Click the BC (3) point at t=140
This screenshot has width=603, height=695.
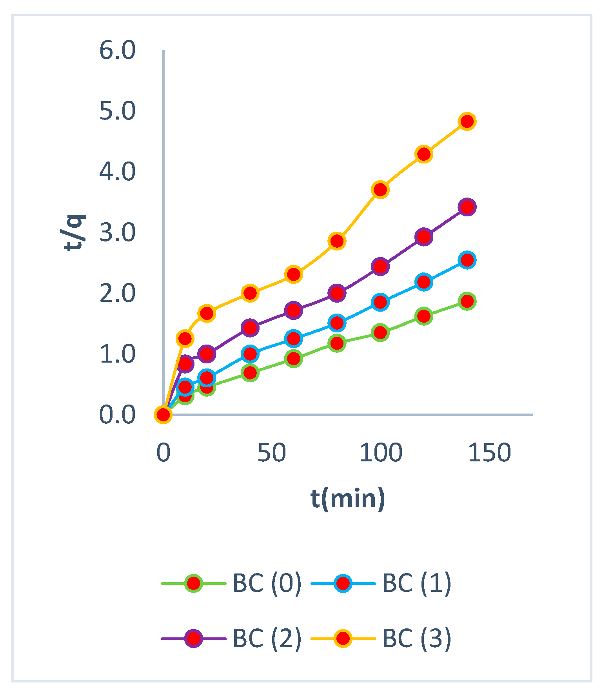(x=467, y=122)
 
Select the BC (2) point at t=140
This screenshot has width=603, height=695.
(x=467, y=207)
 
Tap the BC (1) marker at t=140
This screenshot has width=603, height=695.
(x=467, y=260)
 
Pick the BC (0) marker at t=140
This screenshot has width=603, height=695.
(x=467, y=301)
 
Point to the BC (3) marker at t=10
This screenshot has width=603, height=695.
(x=185, y=338)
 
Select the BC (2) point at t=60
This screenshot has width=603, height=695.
(x=293, y=310)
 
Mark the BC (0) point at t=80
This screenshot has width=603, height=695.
(x=337, y=343)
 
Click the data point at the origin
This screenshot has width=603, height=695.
(x=163, y=414)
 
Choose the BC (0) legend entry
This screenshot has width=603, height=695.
(x=267, y=583)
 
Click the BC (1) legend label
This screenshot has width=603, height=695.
(x=416, y=583)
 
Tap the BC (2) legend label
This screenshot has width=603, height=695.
(x=267, y=638)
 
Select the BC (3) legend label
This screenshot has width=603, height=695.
(x=416, y=638)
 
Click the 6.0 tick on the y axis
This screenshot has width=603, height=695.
(x=117, y=51)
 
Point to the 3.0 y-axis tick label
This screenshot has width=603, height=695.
(x=117, y=233)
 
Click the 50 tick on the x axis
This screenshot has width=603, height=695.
(x=272, y=453)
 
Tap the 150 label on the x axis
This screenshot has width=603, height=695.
(x=489, y=453)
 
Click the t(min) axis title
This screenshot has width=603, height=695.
(x=348, y=499)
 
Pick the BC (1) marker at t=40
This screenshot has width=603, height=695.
(x=250, y=354)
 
